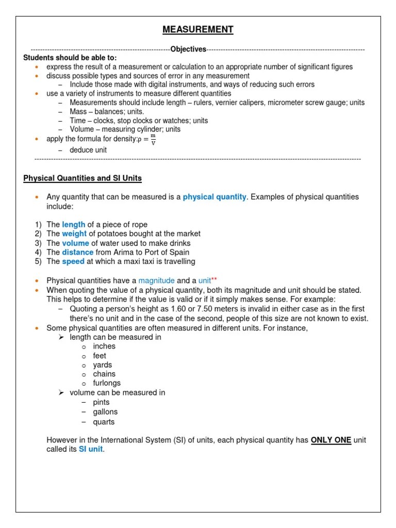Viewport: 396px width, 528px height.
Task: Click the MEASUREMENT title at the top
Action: click(198, 30)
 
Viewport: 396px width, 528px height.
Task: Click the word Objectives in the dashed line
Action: click(188, 49)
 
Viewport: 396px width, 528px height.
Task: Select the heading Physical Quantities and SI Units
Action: click(82, 178)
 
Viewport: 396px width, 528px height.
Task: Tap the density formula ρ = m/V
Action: click(147, 139)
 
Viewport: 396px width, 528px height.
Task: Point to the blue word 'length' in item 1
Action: click(74, 224)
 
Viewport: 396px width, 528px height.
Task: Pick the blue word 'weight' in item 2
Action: click(75, 234)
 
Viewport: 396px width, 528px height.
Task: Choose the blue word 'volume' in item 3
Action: click(76, 243)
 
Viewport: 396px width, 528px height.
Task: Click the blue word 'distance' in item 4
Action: click(78, 252)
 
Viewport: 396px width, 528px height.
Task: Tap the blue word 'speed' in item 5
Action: click(73, 261)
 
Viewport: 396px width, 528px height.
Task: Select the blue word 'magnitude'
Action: click(157, 280)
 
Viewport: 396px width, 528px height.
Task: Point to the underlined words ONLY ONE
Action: click(331, 440)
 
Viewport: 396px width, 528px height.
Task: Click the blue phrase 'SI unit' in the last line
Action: click(91, 449)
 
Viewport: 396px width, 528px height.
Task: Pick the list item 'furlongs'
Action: click(107, 383)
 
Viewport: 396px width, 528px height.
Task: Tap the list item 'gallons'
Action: click(105, 412)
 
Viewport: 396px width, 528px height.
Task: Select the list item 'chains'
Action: click(104, 374)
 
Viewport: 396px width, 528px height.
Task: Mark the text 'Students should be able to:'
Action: click(70, 58)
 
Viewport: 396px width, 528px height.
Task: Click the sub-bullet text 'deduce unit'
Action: click(89, 150)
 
